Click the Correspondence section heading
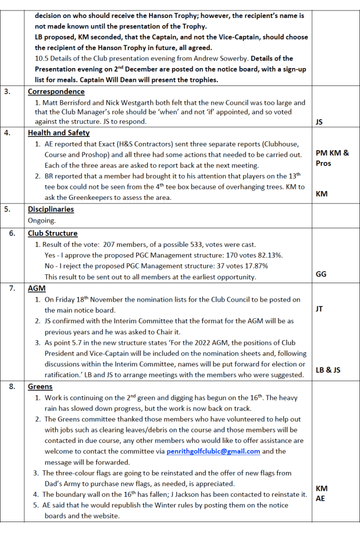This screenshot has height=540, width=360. [56, 91]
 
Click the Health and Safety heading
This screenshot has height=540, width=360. [59, 133]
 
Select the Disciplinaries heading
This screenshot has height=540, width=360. [51, 209]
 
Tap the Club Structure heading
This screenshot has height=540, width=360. [53, 233]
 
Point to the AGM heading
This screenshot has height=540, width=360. [36, 288]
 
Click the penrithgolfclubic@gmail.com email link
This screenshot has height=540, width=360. [213, 451]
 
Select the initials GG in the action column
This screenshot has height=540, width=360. [321, 274]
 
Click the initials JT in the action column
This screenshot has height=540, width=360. [319, 309]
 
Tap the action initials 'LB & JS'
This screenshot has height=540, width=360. [328, 370]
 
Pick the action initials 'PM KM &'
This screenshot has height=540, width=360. [332, 153]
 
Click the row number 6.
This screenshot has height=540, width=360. [12, 233]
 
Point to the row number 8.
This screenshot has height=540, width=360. [12, 386]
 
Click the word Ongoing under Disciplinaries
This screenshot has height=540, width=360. [42, 221]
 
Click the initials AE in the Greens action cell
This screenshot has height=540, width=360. [320, 498]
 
